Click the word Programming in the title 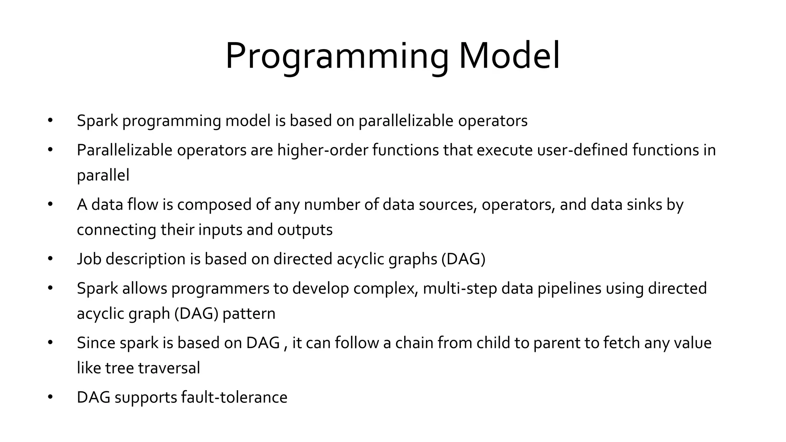coord(337,57)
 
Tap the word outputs coord(305,230)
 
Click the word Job coord(89,259)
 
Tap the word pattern coord(249,313)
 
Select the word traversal coord(169,368)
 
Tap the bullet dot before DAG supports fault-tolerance coord(50,397)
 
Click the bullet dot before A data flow coord(50,205)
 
